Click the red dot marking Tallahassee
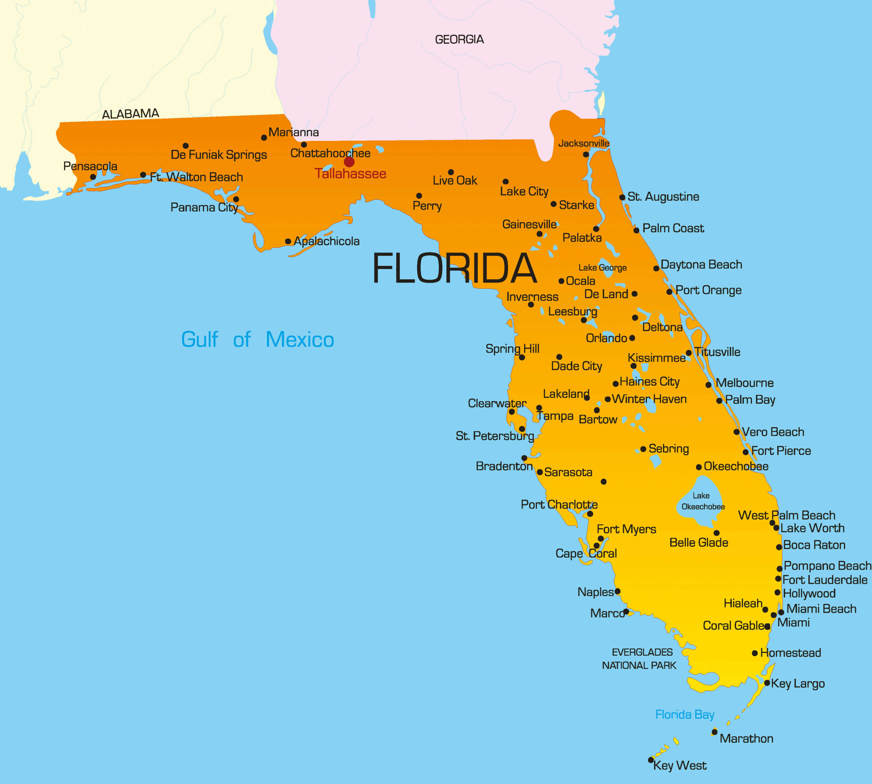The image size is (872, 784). pyautogui.click(x=349, y=162)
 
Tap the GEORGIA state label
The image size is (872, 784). pyautogui.click(x=459, y=40)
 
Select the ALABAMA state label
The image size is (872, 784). pyautogui.click(x=130, y=114)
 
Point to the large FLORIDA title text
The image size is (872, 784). pyautogui.click(x=454, y=268)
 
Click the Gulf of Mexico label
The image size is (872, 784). pyautogui.click(x=257, y=340)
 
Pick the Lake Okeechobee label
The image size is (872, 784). pyautogui.click(x=703, y=501)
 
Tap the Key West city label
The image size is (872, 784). pyautogui.click(x=680, y=766)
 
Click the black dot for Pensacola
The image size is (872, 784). pyautogui.click(x=93, y=177)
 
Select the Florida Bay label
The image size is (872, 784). pyautogui.click(x=685, y=715)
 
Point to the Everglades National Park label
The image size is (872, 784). pyautogui.click(x=640, y=659)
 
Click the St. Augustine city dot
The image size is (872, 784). pyautogui.click(x=622, y=197)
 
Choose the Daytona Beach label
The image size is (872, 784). pyautogui.click(x=701, y=265)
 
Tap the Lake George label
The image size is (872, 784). pyautogui.click(x=602, y=268)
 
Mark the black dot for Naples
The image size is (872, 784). pyautogui.click(x=617, y=592)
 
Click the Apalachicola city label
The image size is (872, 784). pyautogui.click(x=327, y=241)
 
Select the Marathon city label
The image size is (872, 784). pyautogui.click(x=746, y=739)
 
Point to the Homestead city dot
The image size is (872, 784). pyautogui.click(x=755, y=653)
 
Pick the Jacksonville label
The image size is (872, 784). pyautogui.click(x=583, y=143)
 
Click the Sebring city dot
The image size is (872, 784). pyautogui.click(x=643, y=449)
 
